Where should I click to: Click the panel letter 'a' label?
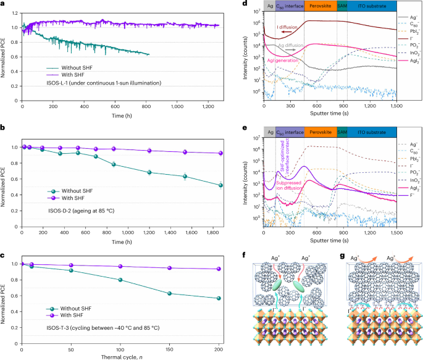pos(3,4)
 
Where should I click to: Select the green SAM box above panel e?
pos(342,132)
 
